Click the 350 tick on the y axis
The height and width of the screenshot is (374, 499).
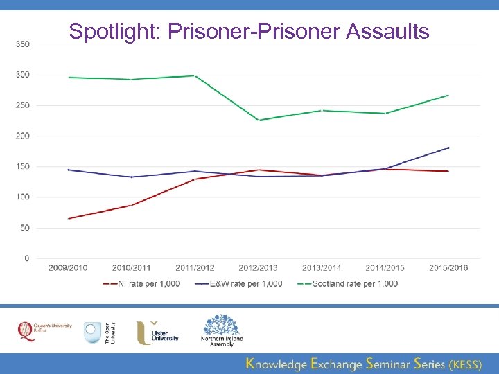point(23,44)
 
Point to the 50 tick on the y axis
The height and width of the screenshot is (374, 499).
point(25,228)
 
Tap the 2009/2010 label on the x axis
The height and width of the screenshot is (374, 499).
point(68,268)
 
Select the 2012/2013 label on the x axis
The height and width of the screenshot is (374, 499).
point(258,268)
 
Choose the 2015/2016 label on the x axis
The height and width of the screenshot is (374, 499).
point(448,268)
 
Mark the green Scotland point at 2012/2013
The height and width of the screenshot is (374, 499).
point(259,120)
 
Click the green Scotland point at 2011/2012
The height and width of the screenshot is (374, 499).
point(195,75)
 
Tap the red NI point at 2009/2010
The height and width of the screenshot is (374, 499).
point(69,218)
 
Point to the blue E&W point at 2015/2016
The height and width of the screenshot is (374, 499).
point(448,148)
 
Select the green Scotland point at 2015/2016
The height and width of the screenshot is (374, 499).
point(448,95)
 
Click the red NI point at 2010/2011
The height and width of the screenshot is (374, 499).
point(132,205)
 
